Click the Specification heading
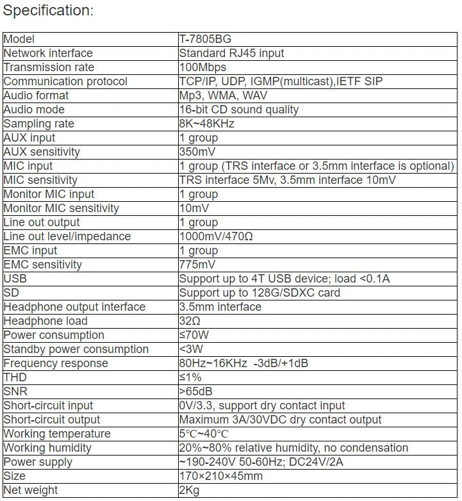49,10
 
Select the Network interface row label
48,53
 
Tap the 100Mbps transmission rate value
202,67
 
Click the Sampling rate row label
38,124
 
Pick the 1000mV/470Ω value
216,236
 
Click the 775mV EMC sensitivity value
197,265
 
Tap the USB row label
15,279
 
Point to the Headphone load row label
45,321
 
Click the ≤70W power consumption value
194,335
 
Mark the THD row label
15,377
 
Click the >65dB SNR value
197,391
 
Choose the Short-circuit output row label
52,420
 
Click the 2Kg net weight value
191,490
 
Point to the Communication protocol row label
65,81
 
